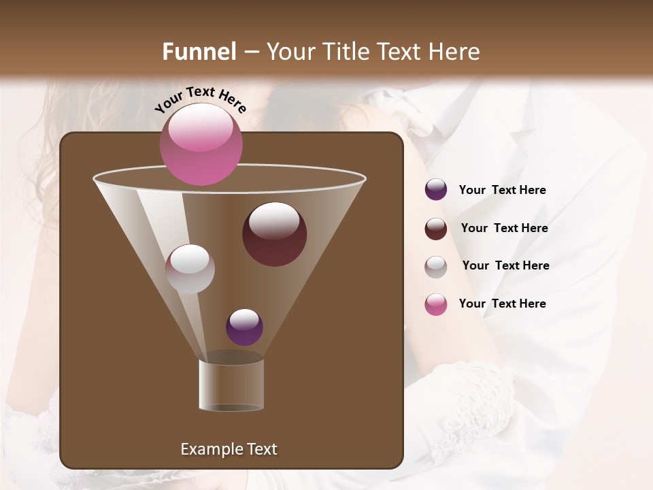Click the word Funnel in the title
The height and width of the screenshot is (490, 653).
coord(199,52)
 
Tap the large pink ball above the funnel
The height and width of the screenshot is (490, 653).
coord(201,144)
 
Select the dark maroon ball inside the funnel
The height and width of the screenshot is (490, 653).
coord(274,234)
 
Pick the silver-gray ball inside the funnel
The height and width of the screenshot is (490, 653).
coord(190,269)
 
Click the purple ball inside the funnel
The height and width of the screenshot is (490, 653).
coord(244,327)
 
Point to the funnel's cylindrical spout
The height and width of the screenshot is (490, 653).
coord(231,385)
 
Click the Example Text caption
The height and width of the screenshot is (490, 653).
coord(229,449)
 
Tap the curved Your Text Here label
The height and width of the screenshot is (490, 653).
coord(201,99)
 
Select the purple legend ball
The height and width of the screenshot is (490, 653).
coord(436,190)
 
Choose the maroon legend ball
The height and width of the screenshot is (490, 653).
coord(436,229)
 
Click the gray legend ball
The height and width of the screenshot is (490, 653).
coord(436,266)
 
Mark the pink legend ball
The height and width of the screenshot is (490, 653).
coord(436,304)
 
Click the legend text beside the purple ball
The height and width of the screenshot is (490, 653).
coord(502,190)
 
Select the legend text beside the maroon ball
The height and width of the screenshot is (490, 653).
coord(504,228)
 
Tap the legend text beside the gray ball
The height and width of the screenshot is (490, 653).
coord(505,265)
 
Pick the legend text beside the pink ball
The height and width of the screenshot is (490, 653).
coord(502,304)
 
